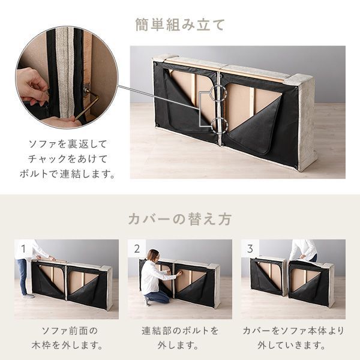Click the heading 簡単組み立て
[x=180, y=25]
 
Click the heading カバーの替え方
[x=179, y=219]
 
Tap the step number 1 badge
[x=22, y=248]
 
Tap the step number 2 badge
[x=136, y=248]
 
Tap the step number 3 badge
[x=249, y=248]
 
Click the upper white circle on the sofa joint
[x=218, y=93]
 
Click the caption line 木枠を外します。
[x=67, y=346]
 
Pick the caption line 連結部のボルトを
[x=180, y=331]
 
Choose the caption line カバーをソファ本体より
[x=293, y=331]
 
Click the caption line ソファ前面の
[x=67, y=331]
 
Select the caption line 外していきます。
[x=293, y=346]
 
